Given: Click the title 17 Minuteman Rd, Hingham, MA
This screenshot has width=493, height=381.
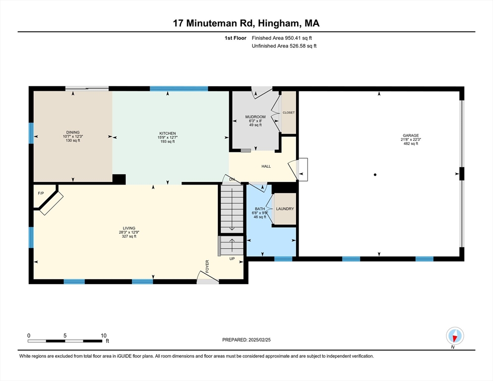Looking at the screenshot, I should coord(246,23).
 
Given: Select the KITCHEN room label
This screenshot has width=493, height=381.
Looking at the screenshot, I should coord(168,133).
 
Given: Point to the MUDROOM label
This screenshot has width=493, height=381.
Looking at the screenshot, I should coord(255,117).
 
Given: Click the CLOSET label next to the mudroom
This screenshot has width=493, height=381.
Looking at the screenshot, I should coord(288,113).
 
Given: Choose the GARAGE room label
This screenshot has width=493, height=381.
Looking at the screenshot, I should coord(411,135).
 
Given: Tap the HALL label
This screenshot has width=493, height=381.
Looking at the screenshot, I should coord(266,166).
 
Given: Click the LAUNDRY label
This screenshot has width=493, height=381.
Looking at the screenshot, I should coord(285,209).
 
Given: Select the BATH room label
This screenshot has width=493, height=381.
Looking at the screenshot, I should coord(260,209).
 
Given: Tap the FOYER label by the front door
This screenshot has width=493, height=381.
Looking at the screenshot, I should coord(207,266).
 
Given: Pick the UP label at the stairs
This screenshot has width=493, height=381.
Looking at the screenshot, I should coord(232,259).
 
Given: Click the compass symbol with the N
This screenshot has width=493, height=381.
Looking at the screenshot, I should coord(454,336).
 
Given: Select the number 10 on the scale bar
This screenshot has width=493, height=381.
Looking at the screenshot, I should coord(103,335).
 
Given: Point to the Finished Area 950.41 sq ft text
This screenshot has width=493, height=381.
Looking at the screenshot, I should coord(282,38).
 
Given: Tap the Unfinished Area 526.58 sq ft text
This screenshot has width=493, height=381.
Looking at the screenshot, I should coord(284,46).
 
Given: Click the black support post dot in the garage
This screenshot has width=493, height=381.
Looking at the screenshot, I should coord(375,174).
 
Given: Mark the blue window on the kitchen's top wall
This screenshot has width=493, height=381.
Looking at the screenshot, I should coord(179,89).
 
